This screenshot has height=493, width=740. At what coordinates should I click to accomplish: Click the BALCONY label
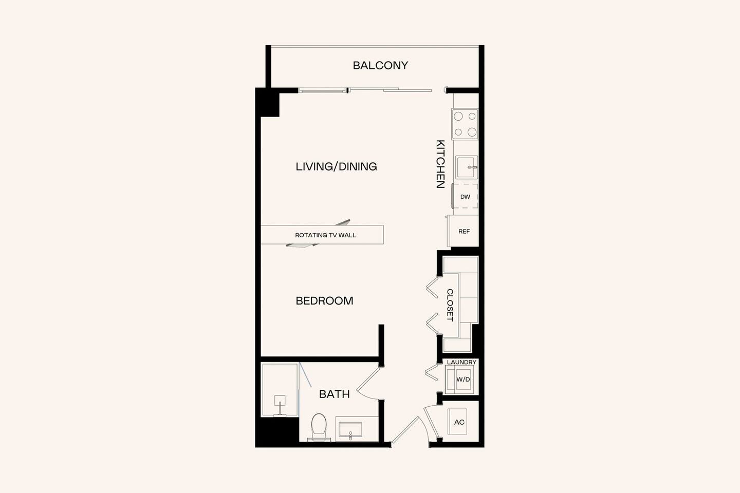coord(380,66)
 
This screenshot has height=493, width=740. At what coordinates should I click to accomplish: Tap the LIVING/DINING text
coord(336,166)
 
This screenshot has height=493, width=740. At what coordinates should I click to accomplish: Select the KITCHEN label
coord(440,164)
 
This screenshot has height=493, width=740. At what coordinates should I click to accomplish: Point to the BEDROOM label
coord(324,301)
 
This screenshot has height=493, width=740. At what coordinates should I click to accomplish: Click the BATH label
coord(334,394)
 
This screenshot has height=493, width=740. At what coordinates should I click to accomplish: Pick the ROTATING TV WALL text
coord(325,235)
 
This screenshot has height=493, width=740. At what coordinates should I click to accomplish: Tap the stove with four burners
coord(465,124)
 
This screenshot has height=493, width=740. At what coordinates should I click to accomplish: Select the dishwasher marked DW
coord(465,197)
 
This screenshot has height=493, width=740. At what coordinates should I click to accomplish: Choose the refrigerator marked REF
coord(464,232)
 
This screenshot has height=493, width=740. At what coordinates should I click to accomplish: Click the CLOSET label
coord(450,305)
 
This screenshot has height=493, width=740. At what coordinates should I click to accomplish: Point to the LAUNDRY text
coord(461,363)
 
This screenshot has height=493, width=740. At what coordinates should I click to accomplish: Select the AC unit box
coord(459,422)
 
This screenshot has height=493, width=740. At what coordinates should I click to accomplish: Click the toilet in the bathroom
coord(319,426)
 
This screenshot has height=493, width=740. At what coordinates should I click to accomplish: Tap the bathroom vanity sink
coord(350,429)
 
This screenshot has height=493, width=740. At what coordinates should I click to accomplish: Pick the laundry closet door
coord(431,373)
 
